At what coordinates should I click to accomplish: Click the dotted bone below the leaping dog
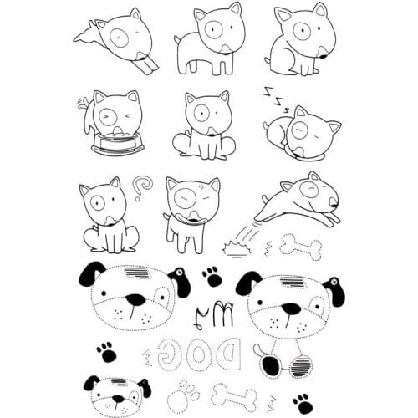[302, 245]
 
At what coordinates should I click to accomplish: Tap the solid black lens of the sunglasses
[272, 365]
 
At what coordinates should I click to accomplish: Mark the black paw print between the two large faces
[212, 275]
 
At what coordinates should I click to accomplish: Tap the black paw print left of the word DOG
[107, 351]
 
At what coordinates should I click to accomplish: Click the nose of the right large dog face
[291, 308]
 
